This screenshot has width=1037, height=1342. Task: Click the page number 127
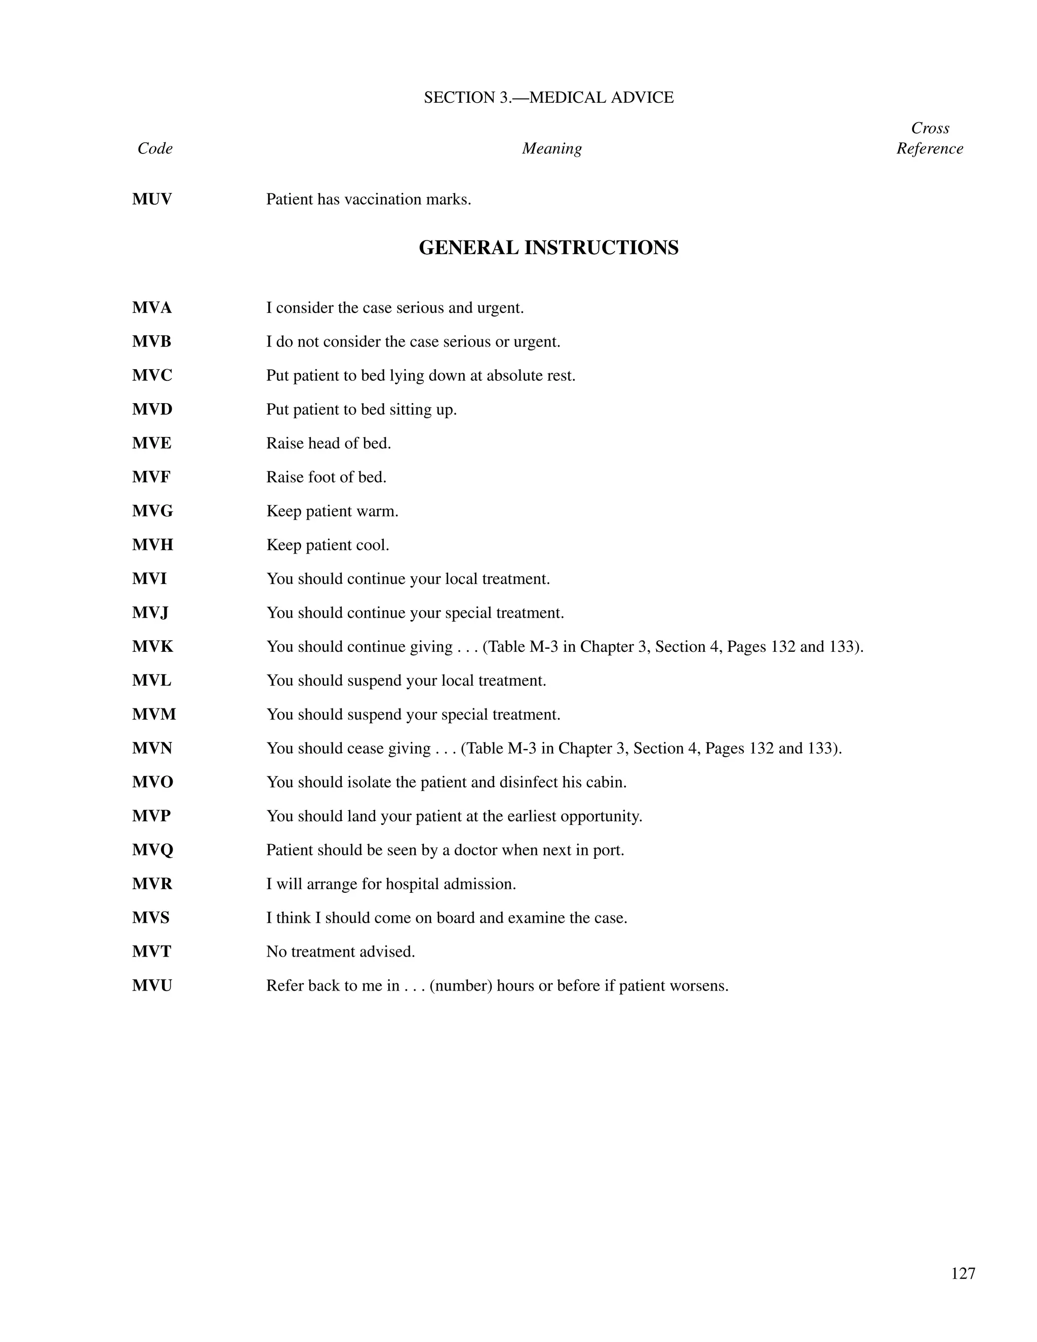963,1273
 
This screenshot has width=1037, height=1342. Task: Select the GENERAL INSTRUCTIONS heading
548,248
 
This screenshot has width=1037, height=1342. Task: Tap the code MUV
152,199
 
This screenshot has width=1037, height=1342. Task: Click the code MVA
152,307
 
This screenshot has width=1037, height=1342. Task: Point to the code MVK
152,646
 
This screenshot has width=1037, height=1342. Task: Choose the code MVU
152,985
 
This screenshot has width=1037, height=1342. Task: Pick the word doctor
475,850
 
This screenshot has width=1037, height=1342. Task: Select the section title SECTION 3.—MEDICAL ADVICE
548,97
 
